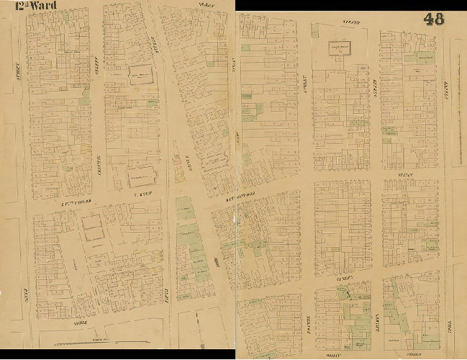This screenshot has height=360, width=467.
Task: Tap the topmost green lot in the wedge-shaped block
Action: click(x=185, y=210)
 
